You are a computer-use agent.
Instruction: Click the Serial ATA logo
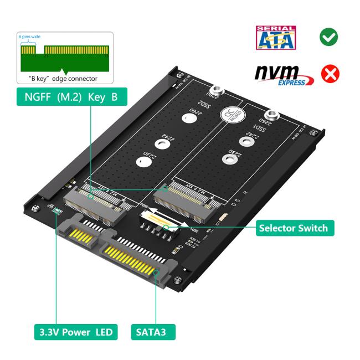[275, 37]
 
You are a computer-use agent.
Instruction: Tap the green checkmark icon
[329, 37]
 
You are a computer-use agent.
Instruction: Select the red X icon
[330, 74]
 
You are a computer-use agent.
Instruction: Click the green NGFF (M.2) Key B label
[71, 96]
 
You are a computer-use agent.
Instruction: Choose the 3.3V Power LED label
[75, 332]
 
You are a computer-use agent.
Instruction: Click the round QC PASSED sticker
[228, 115]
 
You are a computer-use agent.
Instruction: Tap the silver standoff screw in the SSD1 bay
[276, 118]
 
